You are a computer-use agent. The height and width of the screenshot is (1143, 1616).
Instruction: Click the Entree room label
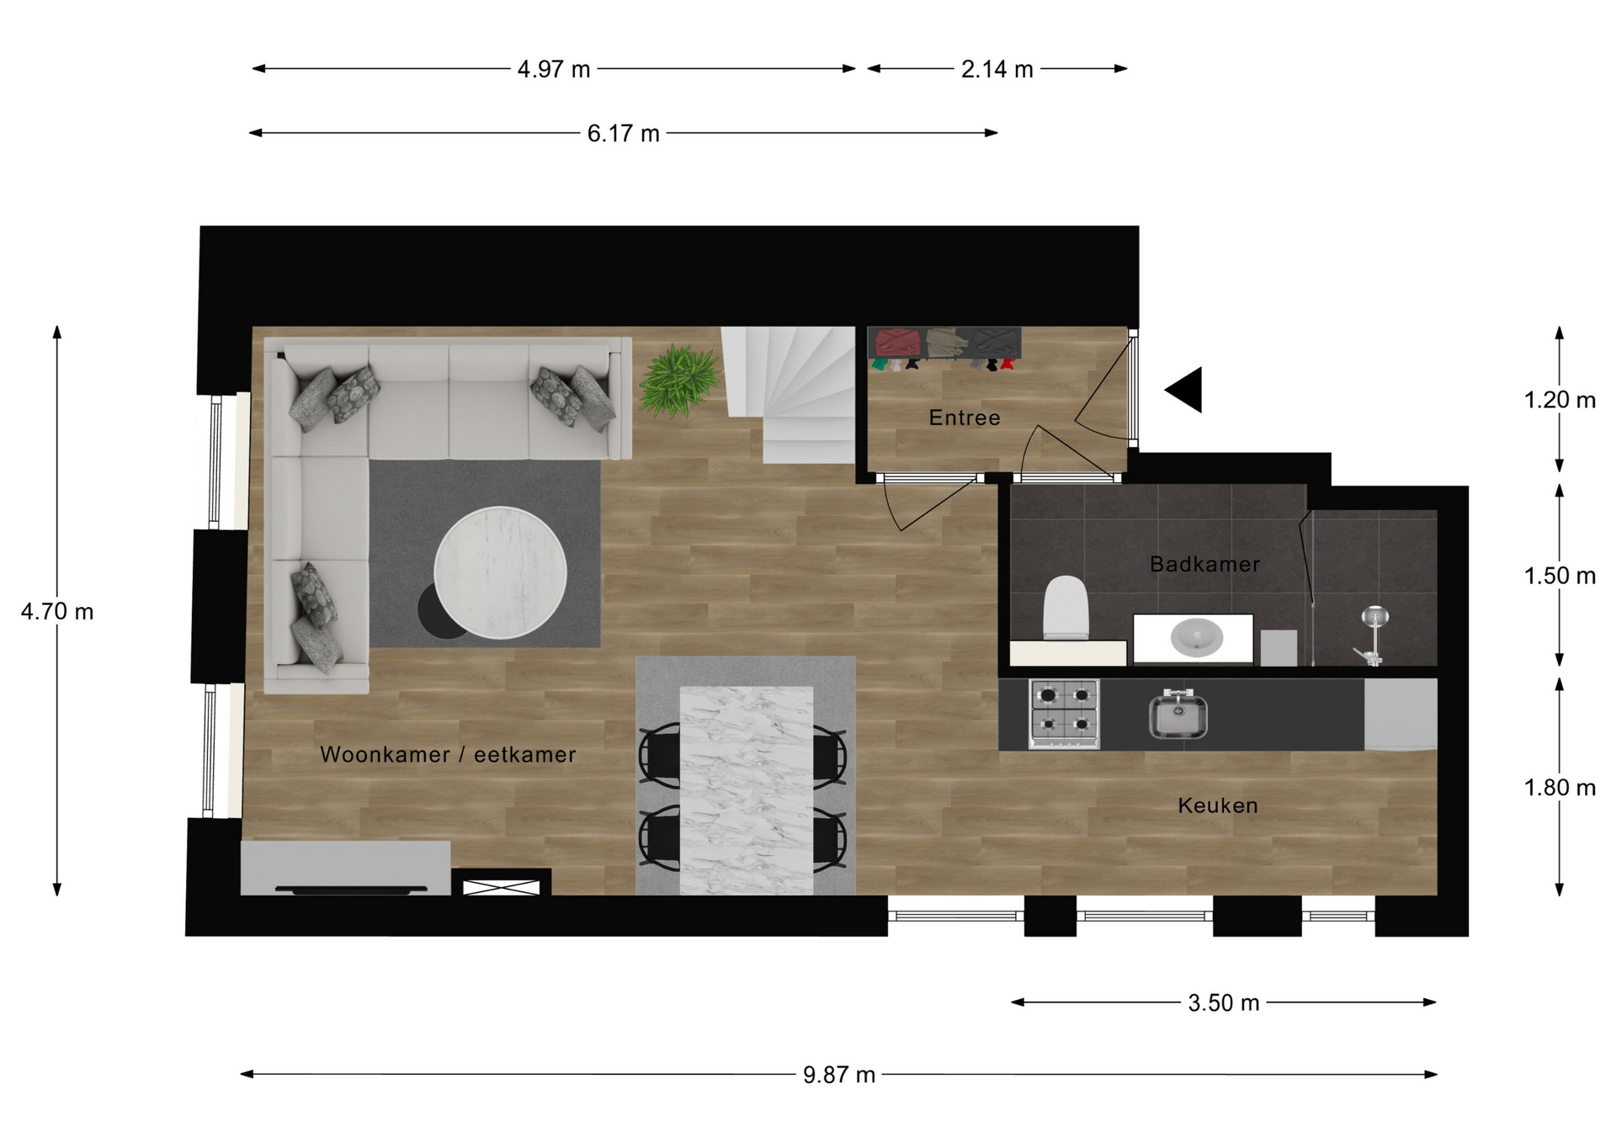pos(965,417)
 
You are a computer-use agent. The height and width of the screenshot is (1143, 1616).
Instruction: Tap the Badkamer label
pos(1204,564)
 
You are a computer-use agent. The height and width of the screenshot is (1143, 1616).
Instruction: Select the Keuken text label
pos(1218,805)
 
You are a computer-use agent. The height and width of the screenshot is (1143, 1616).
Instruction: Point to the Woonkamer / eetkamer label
pos(448,754)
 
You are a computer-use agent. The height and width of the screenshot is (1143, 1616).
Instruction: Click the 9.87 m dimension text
pos(839,1075)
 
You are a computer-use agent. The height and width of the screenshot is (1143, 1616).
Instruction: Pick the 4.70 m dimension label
pos(57,612)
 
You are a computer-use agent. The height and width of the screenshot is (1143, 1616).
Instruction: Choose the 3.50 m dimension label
pos(1224,1002)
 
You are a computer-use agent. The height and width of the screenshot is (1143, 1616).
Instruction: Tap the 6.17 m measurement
pos(623,133)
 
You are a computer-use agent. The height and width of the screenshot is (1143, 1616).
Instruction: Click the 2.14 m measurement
pos(997,69)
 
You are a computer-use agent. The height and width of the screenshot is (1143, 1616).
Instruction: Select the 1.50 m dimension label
pos(1560,576)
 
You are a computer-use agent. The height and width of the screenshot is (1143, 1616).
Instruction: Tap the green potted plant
pos(679,380)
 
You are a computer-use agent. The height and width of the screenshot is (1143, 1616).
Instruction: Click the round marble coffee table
pos(500,572)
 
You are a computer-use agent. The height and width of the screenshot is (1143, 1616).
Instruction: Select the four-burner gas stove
pos(1064,714)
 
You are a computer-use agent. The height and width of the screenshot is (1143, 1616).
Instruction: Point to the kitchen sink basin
pos(1178,714)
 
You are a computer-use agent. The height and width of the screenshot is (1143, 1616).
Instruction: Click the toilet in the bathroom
pos(1066,608)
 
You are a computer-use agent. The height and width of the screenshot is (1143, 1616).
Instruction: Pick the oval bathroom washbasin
pos(1196,637)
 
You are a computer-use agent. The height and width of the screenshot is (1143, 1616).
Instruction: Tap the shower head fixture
pos(1374,618)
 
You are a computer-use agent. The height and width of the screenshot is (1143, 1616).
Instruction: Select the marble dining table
pos(747,790)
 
